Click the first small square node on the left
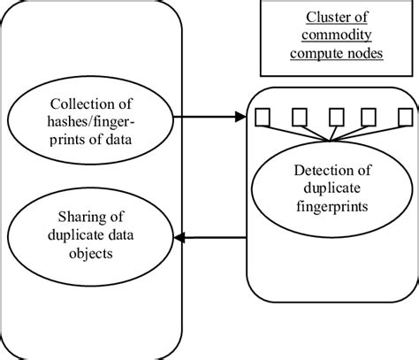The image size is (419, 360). pos(263,118)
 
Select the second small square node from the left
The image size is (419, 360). pos(297,118)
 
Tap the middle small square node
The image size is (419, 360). pos(334,118)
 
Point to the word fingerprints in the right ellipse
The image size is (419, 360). pos(334,207)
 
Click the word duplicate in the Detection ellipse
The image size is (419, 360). pos(334,188)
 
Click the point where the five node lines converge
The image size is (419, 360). pos(331,140)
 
